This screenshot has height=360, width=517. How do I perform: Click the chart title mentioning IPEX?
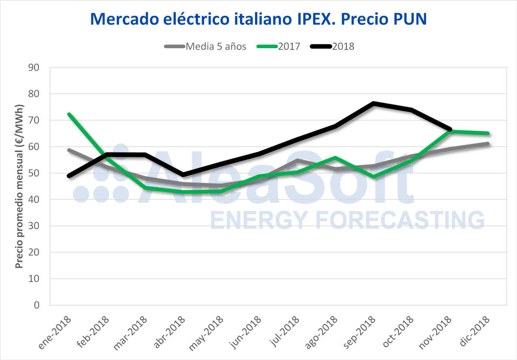point(258,19)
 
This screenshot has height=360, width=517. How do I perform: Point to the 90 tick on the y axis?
point(33,68)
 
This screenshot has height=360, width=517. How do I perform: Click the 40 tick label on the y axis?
point(33,199)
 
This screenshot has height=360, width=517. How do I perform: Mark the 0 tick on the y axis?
point(36,305)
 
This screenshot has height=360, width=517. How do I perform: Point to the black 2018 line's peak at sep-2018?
point(374,103)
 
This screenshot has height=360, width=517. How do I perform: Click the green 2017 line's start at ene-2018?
point(69,114)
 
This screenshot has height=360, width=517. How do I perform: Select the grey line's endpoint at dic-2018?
point(488,144)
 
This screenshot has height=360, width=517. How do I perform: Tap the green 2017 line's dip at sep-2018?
point(374,177)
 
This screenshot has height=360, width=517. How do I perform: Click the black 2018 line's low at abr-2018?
point(184,175)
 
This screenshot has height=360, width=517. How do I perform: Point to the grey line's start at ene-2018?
point(69,150)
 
